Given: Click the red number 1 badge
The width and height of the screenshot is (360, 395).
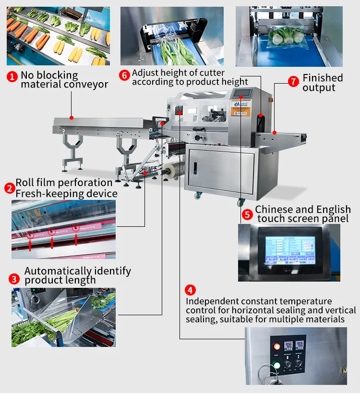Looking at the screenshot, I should click(x=12, y=76).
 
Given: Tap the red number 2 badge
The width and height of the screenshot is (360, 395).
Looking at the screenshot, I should click(x=9, y=188).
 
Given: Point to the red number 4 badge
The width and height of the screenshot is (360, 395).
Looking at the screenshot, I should click(x=191, y=290).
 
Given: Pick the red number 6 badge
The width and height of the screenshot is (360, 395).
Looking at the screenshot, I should click(x=124, y=75).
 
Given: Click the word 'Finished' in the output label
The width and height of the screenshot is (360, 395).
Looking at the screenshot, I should click(x=323, y=78).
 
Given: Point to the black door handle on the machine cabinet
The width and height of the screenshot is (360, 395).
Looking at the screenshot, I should click(x=195, y=169).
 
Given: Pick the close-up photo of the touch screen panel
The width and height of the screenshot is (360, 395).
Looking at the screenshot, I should click(x=288, y=252).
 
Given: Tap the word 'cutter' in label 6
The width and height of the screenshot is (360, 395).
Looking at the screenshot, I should click(x=211, y=73).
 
